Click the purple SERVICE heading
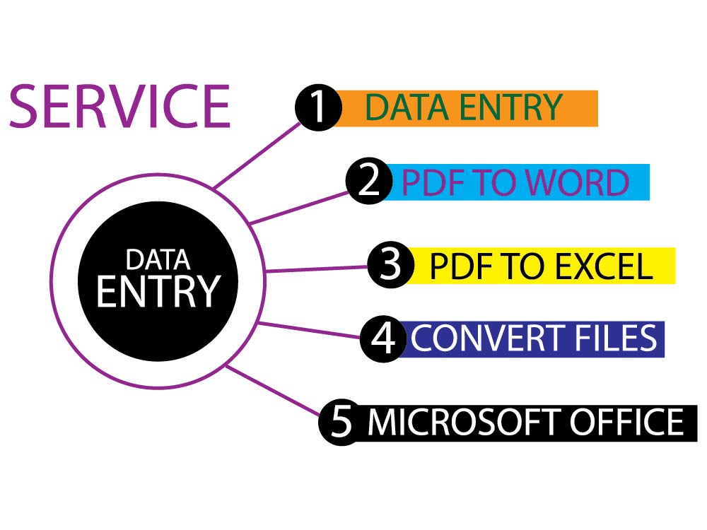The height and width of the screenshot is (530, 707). click(119, 106)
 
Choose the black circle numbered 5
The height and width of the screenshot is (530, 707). click(341, 422)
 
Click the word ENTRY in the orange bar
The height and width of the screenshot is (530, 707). click(510, 107)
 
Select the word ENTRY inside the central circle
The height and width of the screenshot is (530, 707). click(156, 290)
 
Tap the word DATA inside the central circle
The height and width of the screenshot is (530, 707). click(157, 259)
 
